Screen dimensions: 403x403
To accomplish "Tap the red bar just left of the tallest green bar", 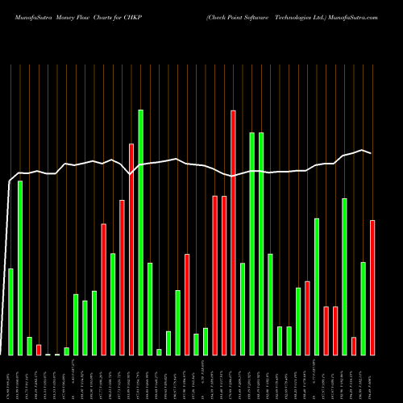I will pyautogui.click(x=131, y=249).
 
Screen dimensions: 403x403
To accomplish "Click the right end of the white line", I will pyautogui.click(x=372, y=152).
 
